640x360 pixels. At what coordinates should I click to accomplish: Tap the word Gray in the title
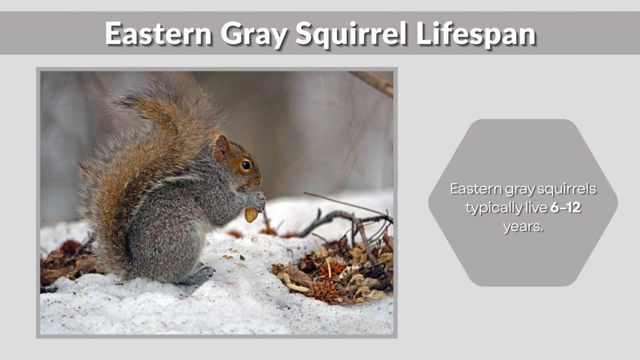(253, 33)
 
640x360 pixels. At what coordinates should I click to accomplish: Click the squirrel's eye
(246, 165)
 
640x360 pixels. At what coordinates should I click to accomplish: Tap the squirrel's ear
(221, 149)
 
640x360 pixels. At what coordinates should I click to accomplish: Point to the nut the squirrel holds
(251, 214)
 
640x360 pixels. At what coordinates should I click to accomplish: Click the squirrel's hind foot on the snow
(199, 275)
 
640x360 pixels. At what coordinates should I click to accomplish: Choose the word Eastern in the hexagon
(474, 189)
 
